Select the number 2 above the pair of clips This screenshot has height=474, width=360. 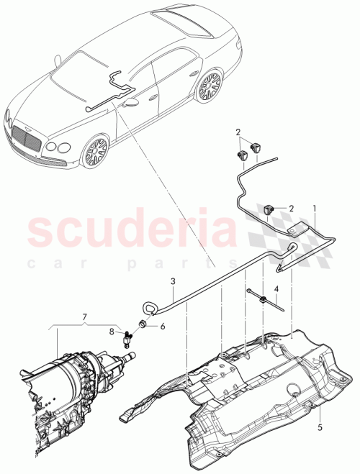238,132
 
